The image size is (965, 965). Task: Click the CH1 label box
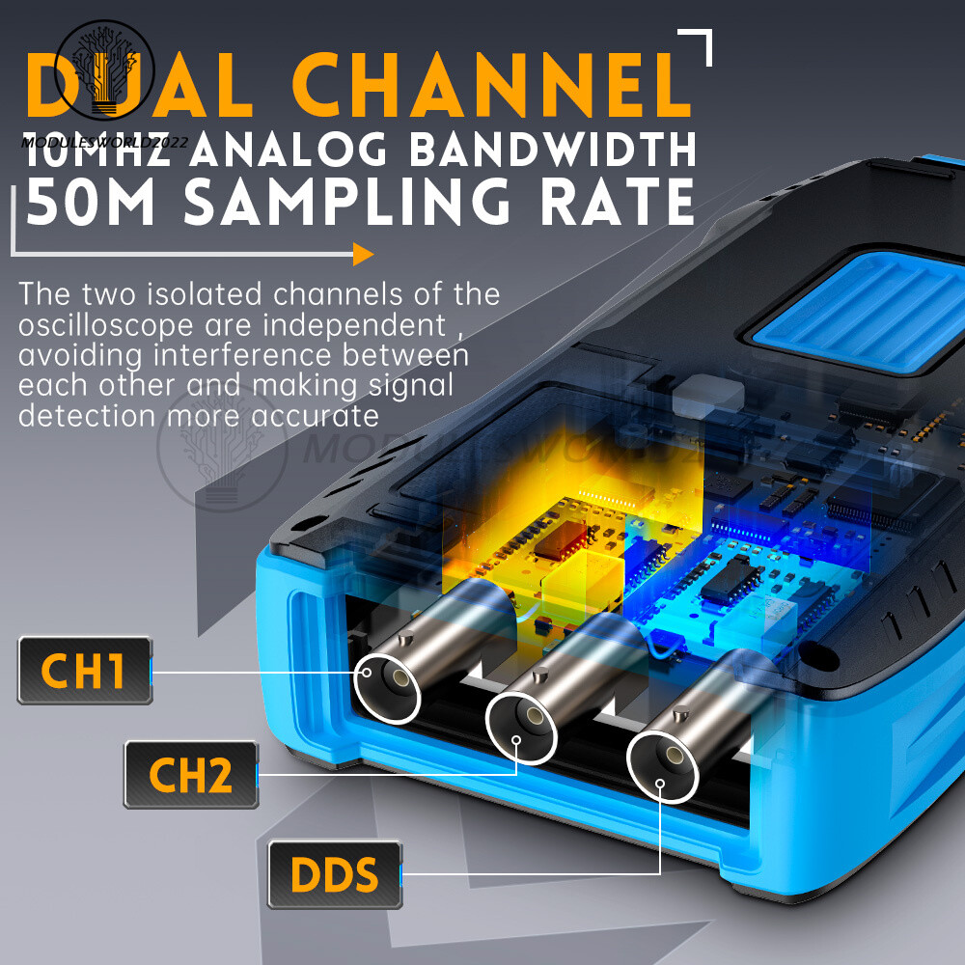pos(85,671)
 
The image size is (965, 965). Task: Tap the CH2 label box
pos(191,775)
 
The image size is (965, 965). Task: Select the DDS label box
pos(335,874)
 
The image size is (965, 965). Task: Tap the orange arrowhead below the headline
pos(362,255)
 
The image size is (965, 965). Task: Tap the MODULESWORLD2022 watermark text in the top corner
pos(103,143)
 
